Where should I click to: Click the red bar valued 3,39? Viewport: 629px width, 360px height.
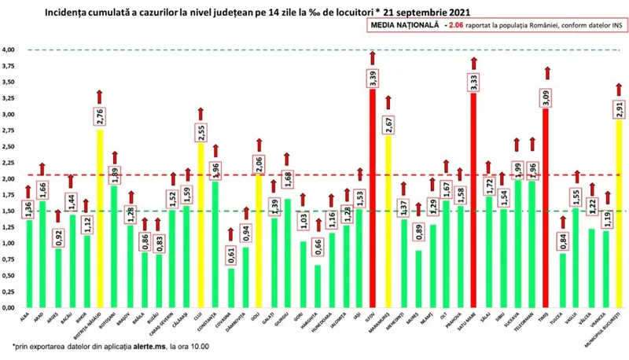(x=373, y=197)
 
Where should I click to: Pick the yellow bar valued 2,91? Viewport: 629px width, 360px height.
(x=620, y=212)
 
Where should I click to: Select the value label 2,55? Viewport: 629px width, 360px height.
(x=199, y=132)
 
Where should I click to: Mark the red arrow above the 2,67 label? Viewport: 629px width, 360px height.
(x=389, y=101)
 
